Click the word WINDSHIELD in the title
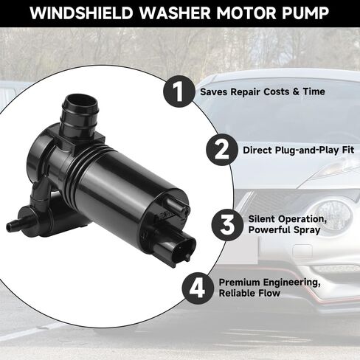click(81, 13)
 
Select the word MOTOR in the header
click(246, 13)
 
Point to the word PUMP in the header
click(305, 13)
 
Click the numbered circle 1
click(179, 91)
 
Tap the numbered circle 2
click(222, 150)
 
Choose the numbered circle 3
click(227, 224)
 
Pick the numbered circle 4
click(198, 288)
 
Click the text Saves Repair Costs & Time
click(263, 91)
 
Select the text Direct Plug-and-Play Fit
click(299, 150)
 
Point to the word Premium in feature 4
click(239, 283)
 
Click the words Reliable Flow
click(249, 293)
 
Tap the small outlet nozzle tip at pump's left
click(10, 226)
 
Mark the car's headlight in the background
click(338, 167)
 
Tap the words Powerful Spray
click(284, 230)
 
